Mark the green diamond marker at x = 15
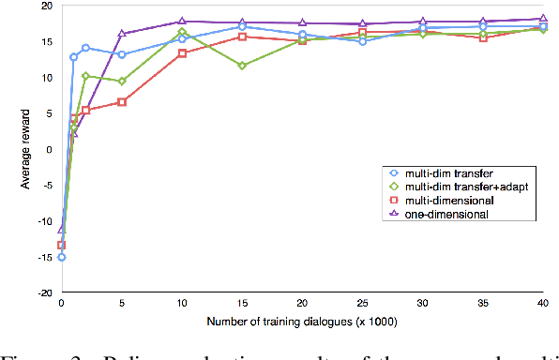click(x=242, y=66)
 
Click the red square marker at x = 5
click(x=122, y=102)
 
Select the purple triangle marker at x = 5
click(x=122, y=34)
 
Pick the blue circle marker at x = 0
click(x=62, y=257)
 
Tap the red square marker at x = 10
click(x=182, y=53)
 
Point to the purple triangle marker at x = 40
click(x=543, y=18)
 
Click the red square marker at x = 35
click(x=483, y=37)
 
